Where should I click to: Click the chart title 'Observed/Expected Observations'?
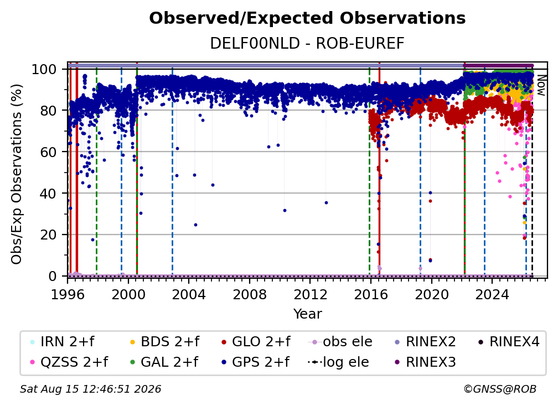pyautogui.click(x=307, y=18)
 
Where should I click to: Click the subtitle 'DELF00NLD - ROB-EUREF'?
pyautogui.click(x=307, y=43)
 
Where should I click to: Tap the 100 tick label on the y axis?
pyautogui.click(x=44, y=69)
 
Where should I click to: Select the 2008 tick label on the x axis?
pyautogui.click(x=250, y=294)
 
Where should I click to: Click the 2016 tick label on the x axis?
pyautogui.click(x=370, y=294)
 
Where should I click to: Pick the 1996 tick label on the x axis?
pyautogui.click(x=68, y=294)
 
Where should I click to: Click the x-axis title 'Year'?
pyautogui.click(x=307, y=314)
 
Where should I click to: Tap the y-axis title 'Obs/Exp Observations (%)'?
pyautogui.click(x=17, y=174)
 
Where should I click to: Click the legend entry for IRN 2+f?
pyautogui.click(x=63, y=342)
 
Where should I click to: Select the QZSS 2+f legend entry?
pyautogui.click(x=69, y=362)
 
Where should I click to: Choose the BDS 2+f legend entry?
pyautogui.click(x=164, y=342)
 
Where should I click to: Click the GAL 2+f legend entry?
pyautogui.click(x=164, y=362)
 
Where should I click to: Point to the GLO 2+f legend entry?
pyautogui.click(x=256, y=342)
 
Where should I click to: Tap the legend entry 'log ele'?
pyautogui.click(x=338, y=362)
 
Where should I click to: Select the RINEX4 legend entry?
pyautogui.click(x=509, y=342)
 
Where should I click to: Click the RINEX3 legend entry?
pyautogui.click(x=425, y=362)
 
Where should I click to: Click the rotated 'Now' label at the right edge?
pyautogui.click(x=541, y=86)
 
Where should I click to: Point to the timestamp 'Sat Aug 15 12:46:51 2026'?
pyautogui.click(x=90, y=389)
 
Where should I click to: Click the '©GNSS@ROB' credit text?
pyautogui.click(x=500, y=389)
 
